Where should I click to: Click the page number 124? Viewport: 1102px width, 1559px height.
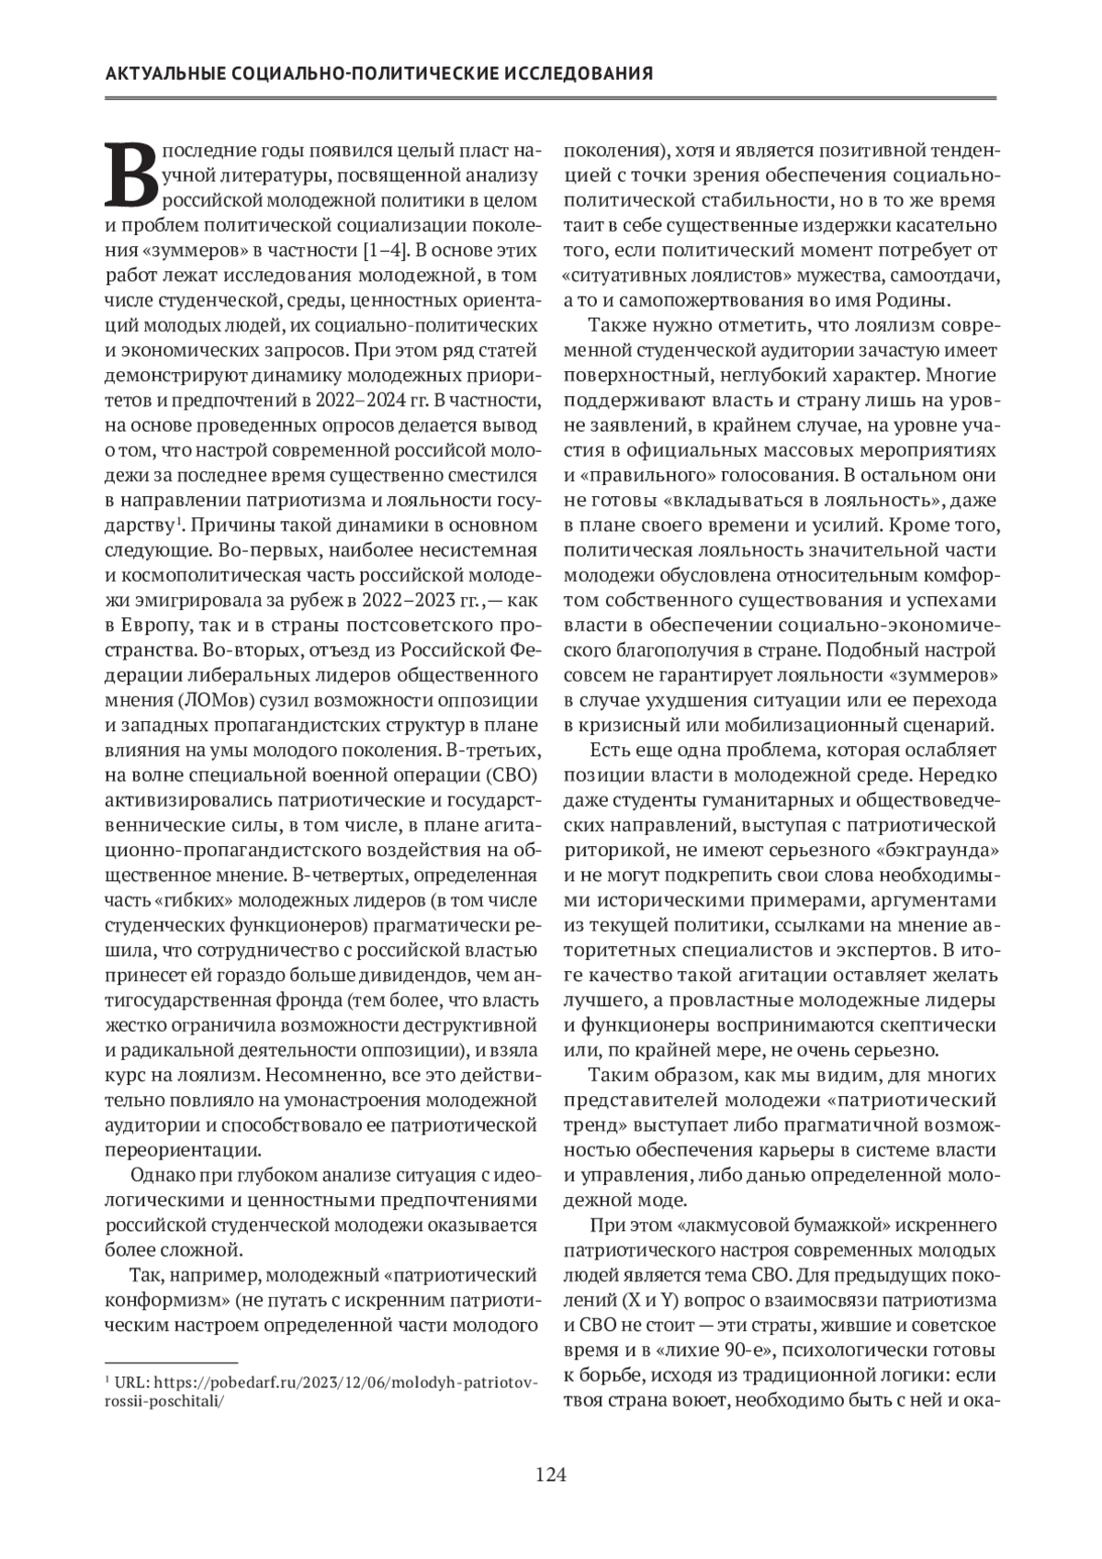point(551,1474)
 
